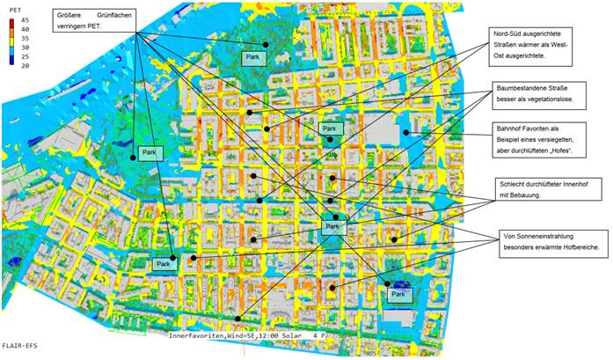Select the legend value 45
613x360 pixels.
tap(25, 19)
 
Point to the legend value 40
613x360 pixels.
tap(25, 28)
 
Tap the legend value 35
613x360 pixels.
tap(25, 38)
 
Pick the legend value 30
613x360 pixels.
tap(25, 47)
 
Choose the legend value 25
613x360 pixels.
tap(25, 56)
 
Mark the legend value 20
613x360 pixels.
tap(25, 65)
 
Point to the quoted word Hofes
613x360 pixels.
tap(569, 152)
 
